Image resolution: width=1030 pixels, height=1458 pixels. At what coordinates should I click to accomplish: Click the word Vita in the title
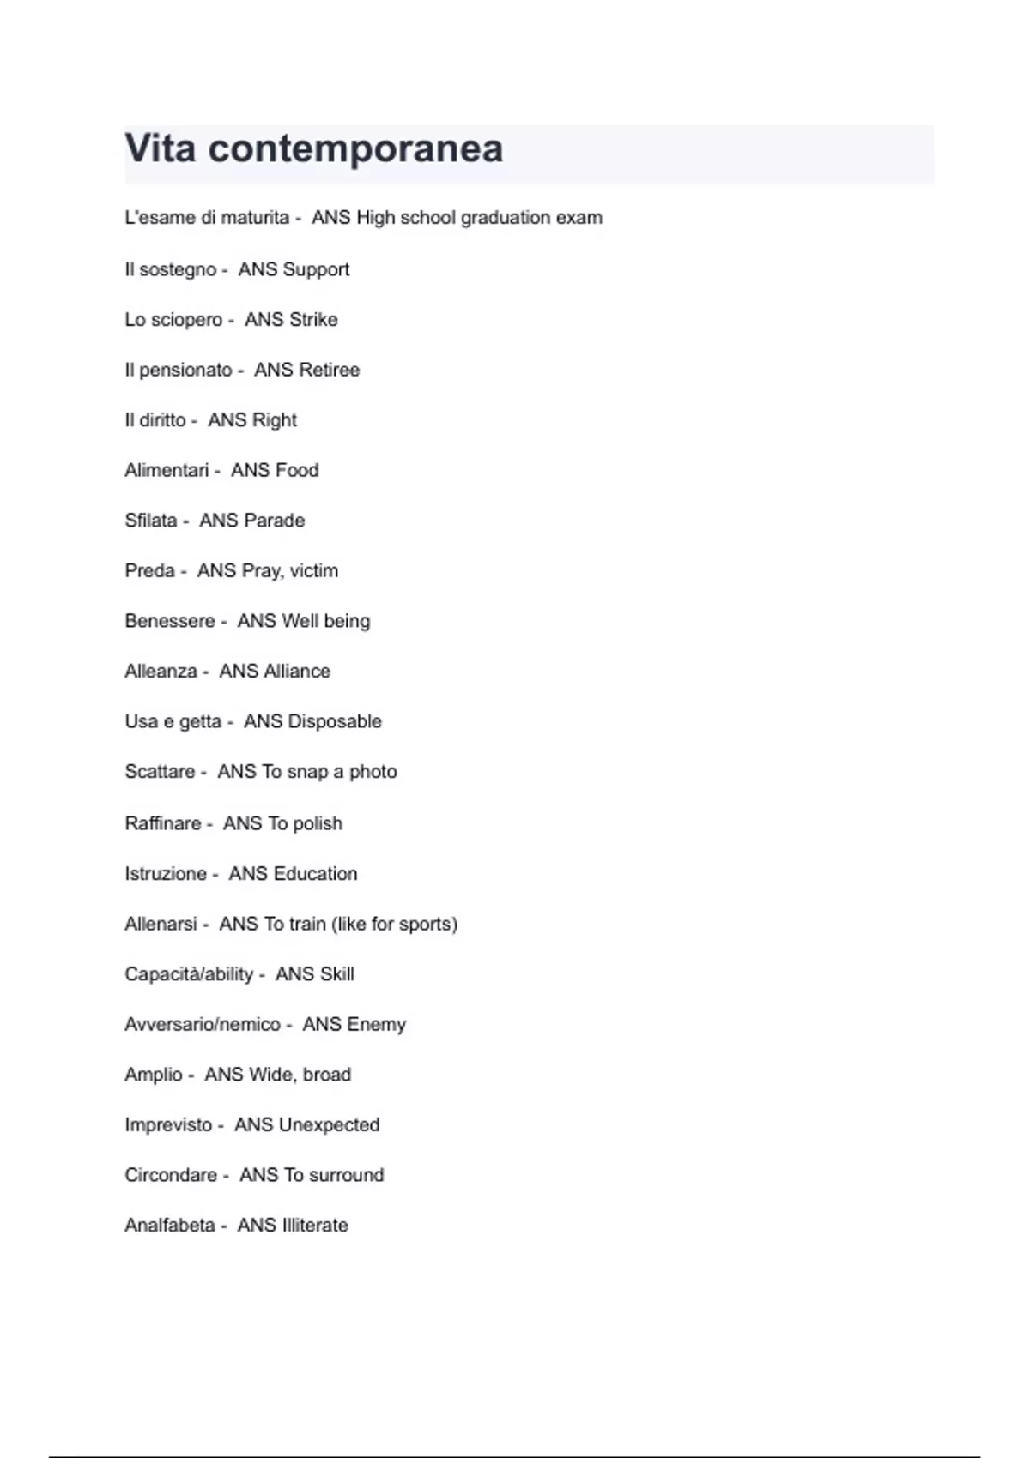pyautogui.click(x=161, y=148)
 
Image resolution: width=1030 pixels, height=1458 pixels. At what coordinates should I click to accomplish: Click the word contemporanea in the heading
pyautogui.click(x=355, y=148)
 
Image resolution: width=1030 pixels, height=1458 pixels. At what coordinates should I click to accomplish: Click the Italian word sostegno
pyautogui.click(x=178, y=269)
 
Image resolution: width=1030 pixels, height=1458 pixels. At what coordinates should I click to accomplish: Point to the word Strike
pyautogui.click(x=313, y=320)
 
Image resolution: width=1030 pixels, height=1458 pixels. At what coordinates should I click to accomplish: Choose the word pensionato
pyautogui.click(x=185, y=371)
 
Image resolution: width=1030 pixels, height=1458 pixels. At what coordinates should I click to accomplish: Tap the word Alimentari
pyautogui.click(x=167, y=471)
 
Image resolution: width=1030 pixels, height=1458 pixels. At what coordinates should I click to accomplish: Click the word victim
pyautogui.click(x=314, y=571)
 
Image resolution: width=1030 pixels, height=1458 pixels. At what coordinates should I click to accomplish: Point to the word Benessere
pyautogui.click(x=170, y=621)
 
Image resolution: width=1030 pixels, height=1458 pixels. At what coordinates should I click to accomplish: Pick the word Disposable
pyautogui.click(x=335, y=721)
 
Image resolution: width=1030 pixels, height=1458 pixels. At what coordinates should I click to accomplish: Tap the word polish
pyautogui.click(x=318, y=823)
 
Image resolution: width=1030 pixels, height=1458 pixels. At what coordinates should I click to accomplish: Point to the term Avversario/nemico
pyautogui.click(x=203, y=1025)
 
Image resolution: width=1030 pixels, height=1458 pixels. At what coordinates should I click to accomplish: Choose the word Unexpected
pyautogui.click(x=329, y=1125)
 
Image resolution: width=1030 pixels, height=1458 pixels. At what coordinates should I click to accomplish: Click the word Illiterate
pyautogui.click(x=315, y=1226)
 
